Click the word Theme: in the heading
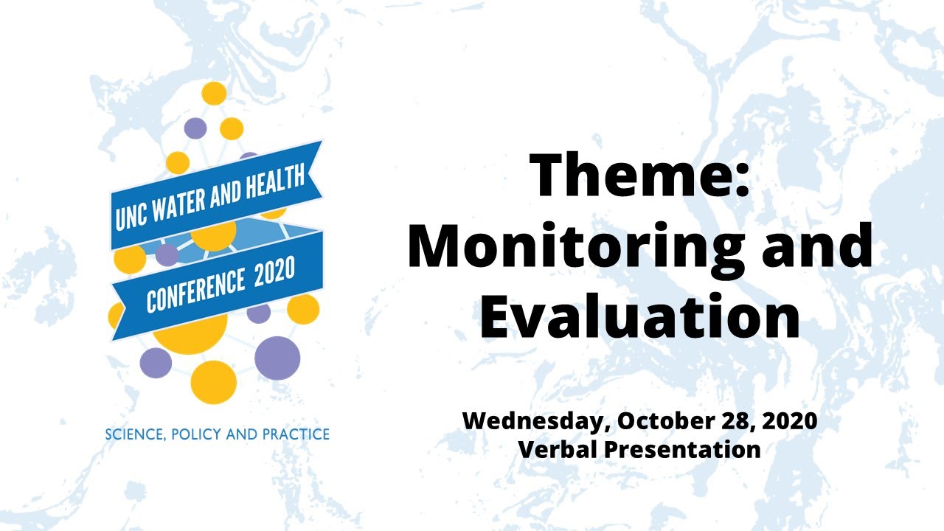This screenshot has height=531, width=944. (639, 176)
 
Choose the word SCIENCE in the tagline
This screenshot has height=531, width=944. (133, 434)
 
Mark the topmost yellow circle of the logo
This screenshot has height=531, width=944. (214, 94)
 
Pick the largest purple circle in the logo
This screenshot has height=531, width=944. (277, 358)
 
